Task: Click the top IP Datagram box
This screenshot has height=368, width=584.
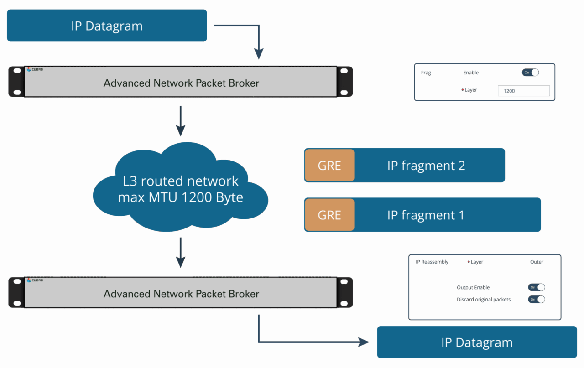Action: coord(107,26)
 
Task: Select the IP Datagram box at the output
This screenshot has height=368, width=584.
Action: coord(477,342)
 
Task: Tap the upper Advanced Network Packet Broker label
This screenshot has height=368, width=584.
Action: coord(181,83)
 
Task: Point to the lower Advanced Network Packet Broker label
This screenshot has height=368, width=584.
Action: coord(181,294)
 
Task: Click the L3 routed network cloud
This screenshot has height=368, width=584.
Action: coord(180,189)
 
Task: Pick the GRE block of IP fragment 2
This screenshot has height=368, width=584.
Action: coord(329,165)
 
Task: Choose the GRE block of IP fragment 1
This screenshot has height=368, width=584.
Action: coord(329,215)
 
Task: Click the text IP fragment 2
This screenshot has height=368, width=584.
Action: coord(426,165)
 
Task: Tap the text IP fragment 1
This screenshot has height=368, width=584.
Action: coord(426,215)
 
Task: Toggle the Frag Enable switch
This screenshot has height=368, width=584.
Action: coord(531,73)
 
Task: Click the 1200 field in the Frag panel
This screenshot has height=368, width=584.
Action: coord(523,91)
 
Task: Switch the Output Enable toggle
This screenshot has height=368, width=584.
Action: coord(537,287)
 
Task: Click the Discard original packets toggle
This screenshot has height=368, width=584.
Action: coord(537,300)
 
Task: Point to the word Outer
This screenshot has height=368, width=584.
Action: coord(537,262)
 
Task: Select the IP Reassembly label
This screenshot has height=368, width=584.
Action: coord(432,262)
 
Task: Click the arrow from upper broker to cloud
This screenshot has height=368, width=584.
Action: coord(181,121)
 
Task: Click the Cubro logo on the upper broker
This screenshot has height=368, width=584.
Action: coord(35,70)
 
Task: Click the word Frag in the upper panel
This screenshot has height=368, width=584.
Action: coord(426,73)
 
